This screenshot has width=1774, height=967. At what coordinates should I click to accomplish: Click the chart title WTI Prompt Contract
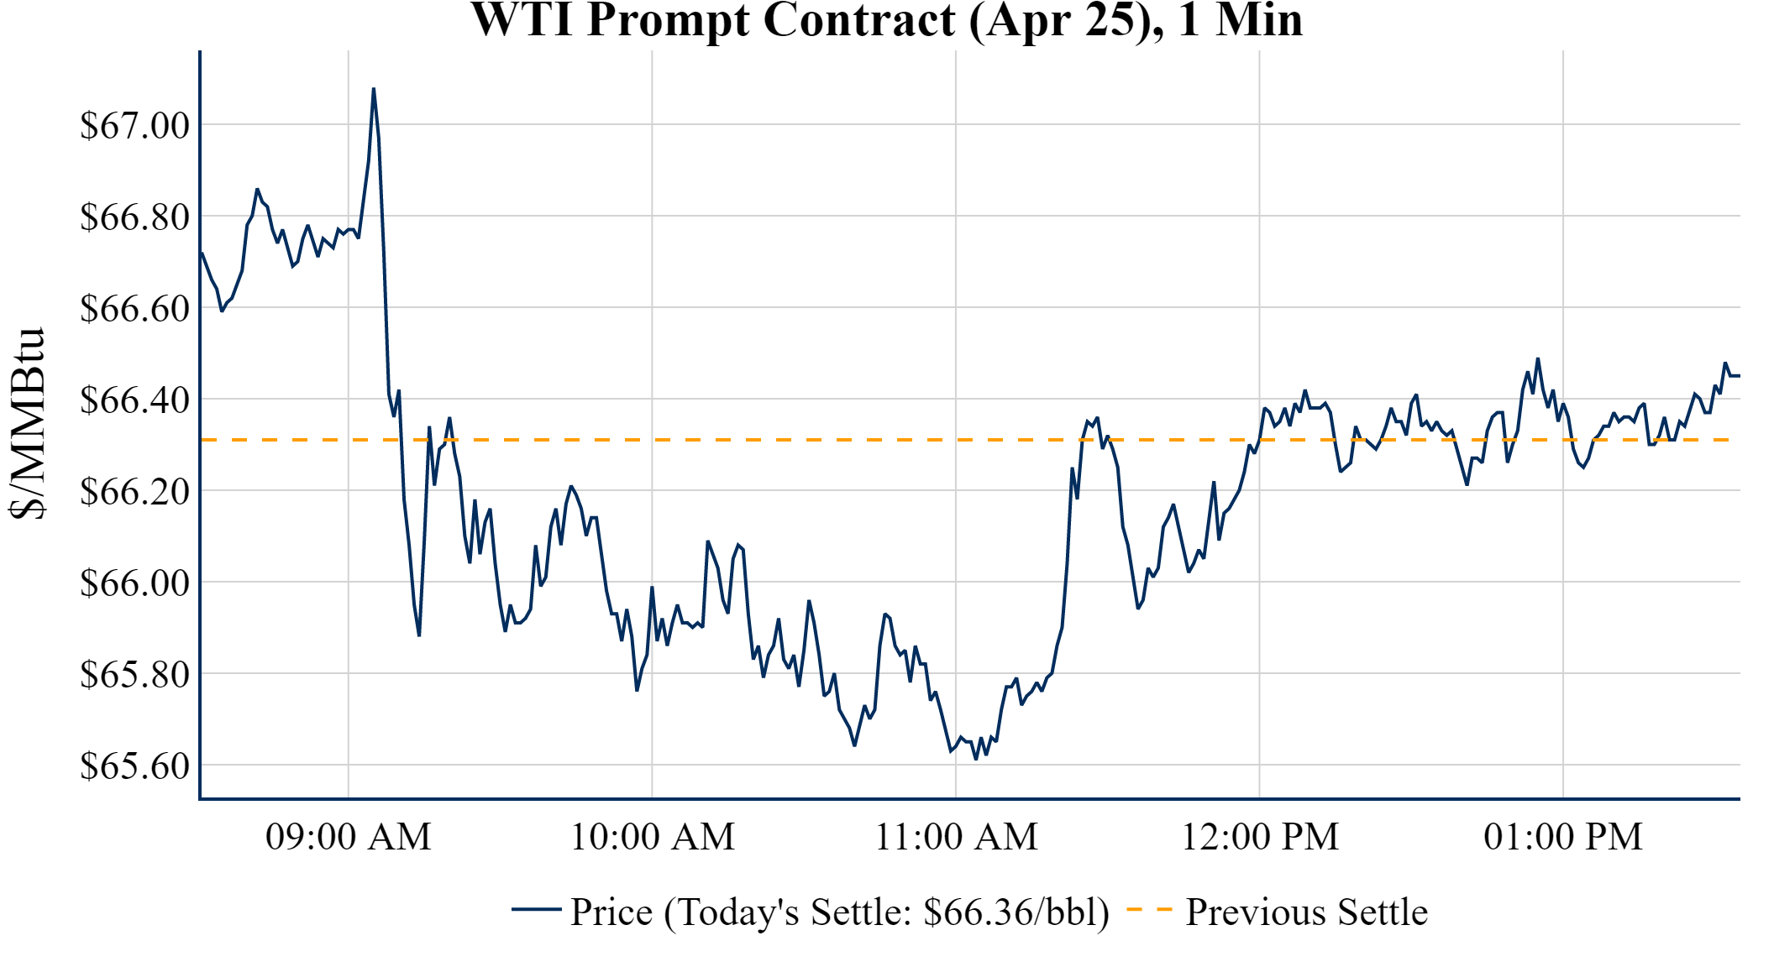pos(886,20)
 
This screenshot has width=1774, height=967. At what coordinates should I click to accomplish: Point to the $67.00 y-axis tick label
pos(135,125)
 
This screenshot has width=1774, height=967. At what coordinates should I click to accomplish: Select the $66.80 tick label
pos(135,217)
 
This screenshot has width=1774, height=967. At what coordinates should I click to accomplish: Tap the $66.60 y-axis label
pos(135,308)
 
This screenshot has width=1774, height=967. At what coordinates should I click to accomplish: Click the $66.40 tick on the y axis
pos(135,400)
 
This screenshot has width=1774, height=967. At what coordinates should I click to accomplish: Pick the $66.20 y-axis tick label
pos(135,491)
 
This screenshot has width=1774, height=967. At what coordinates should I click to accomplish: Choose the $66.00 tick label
pos(135,583)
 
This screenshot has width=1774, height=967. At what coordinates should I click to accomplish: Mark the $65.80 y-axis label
pos(135,674)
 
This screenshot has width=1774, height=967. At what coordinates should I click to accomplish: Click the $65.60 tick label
pos(135,766)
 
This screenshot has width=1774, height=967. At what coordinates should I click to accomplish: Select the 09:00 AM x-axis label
pos(349,837)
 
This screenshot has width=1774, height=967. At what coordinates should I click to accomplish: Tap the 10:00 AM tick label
pos(653,837)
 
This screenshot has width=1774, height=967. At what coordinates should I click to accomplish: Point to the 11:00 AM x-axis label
pos(957,837)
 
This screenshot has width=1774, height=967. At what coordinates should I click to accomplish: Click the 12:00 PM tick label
pos(1260,837)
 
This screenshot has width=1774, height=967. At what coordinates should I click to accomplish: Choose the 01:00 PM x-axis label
pos(1563,837)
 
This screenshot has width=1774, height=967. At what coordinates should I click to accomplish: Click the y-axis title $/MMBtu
pos(28,424)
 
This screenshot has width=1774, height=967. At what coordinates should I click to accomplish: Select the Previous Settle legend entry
pos(1306,912)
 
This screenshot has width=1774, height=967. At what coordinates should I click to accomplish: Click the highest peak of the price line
pos(374,89)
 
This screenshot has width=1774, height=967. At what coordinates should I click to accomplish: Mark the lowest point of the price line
pos(976,759)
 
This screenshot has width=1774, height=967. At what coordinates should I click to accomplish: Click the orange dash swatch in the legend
pos(1149,909)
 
